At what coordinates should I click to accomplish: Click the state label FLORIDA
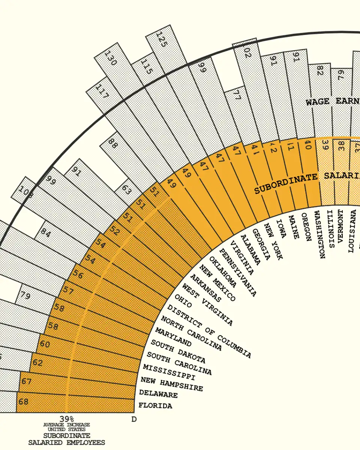coord(155,405)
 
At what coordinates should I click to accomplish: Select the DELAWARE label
coord(158,394)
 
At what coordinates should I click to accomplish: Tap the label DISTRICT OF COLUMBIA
coord(209,331)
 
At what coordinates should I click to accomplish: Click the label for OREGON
coord(306,227)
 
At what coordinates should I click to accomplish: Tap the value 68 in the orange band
coord(23,402)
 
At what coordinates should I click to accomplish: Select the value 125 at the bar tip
coord(161,39)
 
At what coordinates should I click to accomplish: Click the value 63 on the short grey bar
coord(127,190)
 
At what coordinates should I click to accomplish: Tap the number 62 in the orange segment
coord(37,363)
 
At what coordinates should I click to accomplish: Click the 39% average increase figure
coord(67,418)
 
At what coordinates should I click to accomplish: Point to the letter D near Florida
coord(133,419)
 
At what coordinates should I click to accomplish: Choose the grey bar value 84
coord(46,232)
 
